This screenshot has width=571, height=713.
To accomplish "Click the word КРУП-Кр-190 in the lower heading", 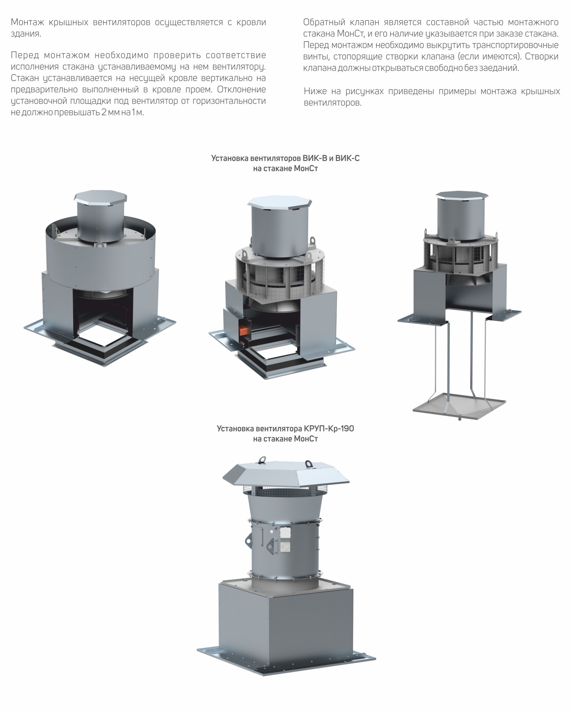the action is pyautogui.click(x=328, y=429).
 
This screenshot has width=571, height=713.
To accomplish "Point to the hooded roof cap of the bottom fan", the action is pyautogui.click(x=286, y=474).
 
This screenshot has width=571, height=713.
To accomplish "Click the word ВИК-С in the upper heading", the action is pyautogui.click(x=347, y=158).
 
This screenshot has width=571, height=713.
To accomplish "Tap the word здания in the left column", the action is pyautogui.click(x=25, y=34).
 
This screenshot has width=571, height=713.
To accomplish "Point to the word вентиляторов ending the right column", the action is pyautogui.click(x=333, y=103).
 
